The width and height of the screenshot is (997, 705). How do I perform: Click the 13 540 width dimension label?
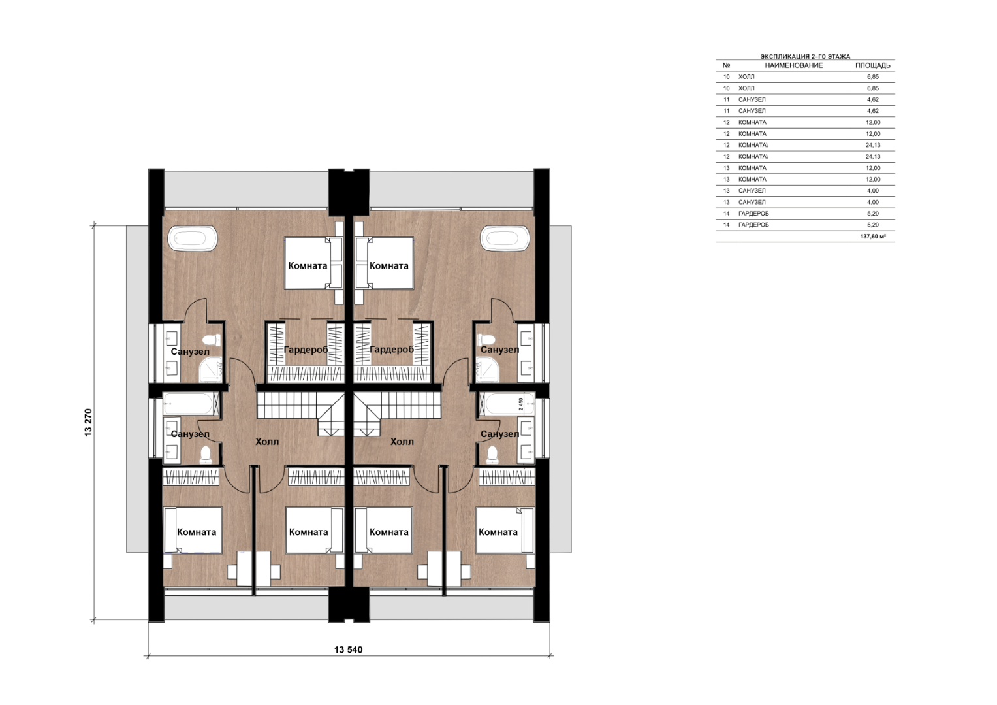tap(348, 649)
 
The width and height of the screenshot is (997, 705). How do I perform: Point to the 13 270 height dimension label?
tap(88, 422)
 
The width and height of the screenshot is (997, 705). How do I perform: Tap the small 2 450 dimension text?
tap(521, 404)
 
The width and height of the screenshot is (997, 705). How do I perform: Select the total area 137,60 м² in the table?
tap(873, 236)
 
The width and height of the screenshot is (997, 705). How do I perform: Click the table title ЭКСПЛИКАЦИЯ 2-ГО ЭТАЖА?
tap(805, 57)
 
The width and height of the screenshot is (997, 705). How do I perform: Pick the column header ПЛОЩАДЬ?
tap(873, 65)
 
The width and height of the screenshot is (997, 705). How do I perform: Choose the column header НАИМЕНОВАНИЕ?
tap(794, 65)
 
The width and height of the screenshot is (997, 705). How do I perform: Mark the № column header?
tap(727, 65)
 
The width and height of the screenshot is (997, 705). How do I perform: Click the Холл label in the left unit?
tap(267, 442)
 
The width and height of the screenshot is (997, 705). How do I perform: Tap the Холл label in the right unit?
tap(402, 442)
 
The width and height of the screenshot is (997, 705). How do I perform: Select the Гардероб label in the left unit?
tap(306, 350)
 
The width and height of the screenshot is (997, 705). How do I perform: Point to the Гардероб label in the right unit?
tap(392, 350)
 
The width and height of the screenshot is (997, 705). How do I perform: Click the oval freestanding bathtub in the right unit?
tap(505, 238)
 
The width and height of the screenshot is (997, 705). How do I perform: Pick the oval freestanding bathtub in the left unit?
tap(192, 238)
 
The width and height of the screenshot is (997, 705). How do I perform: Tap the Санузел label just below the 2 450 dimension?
tap(500, 434)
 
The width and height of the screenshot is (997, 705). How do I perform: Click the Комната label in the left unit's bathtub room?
tap(308, 266)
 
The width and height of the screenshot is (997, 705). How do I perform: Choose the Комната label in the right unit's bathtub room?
tap(389, 266)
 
